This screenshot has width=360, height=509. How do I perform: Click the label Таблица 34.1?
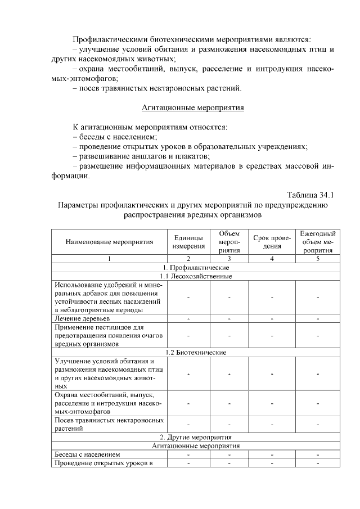310,195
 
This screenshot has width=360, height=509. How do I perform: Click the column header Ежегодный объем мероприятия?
318,242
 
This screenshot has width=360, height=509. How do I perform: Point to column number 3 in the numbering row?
229,259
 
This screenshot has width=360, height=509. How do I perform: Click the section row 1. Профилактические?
196,267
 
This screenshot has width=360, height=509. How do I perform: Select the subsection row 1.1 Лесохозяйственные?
196,276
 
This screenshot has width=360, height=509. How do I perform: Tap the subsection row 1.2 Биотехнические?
196,353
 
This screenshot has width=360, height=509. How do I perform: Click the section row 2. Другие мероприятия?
196,437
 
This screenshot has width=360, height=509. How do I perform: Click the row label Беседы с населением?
87,454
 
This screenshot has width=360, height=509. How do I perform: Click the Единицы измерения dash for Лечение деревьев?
188,318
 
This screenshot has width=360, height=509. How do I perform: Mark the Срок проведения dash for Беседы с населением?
272,454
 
